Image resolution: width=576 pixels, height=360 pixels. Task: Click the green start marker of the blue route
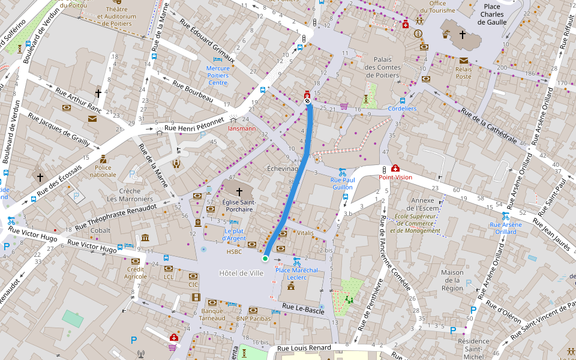pos(265,259)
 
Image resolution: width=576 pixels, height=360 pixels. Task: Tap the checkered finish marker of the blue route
pos(308,101)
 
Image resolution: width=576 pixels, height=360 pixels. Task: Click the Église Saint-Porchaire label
pos(239,206)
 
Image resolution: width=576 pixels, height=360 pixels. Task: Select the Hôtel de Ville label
pos(241,273)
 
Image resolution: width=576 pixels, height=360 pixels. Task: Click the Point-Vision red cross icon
pos(395,169)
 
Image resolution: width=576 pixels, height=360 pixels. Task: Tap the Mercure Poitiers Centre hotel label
pos(218,75)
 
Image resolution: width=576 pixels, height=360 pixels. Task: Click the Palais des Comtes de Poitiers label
pos(382,67)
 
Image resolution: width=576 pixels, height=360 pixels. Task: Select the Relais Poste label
pos(463,73)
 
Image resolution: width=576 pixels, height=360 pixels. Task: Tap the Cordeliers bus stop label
pos(402,109)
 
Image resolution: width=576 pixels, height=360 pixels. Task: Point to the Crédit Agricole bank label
pos(136,272)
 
